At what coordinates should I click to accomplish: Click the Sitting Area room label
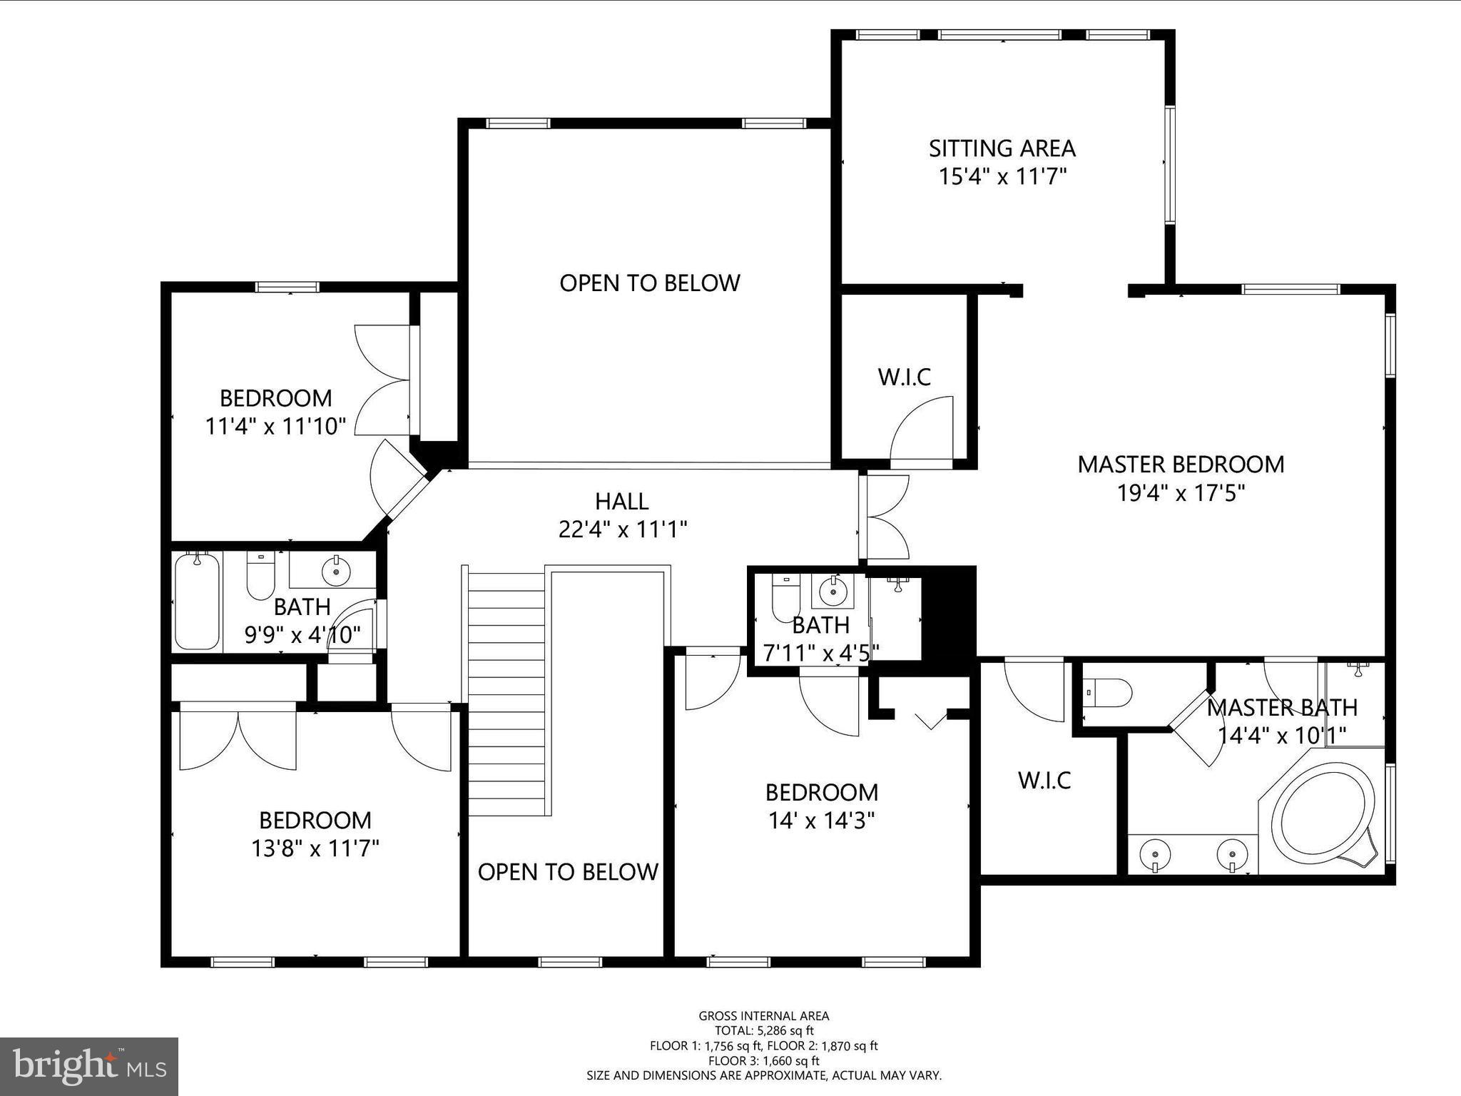tap(1002, 148)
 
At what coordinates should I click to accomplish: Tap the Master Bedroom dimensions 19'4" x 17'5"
tap(1181, 493)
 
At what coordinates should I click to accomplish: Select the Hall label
tap(622, 502)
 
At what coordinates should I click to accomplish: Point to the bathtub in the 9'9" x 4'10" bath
tap(197, 601)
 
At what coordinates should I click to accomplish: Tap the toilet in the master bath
tap(1107, 692)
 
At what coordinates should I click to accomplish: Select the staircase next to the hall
tap(506, 691)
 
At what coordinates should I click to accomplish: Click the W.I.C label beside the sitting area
tap(905, 377)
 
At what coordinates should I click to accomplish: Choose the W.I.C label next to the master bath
tap(1044, 781)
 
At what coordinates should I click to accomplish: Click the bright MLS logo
tap(89, 1066)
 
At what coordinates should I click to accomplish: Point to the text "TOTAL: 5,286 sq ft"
tap(764, 1030)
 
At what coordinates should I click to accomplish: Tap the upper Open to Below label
tap(649, 283)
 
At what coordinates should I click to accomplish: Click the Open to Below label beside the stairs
tap(568, 872)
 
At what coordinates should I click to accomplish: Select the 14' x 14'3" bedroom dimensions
tap(821, 821)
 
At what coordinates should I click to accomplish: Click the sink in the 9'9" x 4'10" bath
tap(336, 570)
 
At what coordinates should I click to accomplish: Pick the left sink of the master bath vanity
tap(1154, 854)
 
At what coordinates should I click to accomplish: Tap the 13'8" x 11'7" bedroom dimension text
tap(315, 848)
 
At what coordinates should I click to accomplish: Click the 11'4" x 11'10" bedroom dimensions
tap(275, 427)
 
